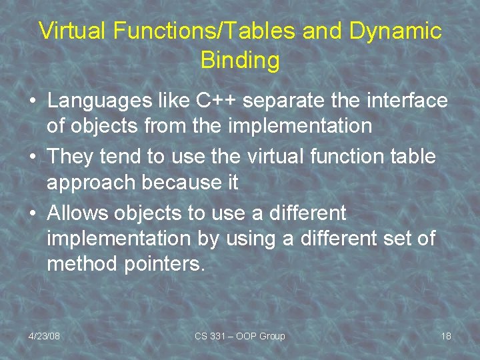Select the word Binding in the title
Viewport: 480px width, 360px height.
(240, 61)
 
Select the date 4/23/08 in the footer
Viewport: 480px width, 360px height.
(44, 336)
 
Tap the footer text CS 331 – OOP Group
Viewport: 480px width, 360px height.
(239, 336)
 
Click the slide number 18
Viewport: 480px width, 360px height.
(446, 336)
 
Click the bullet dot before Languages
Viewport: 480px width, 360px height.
(32, 102)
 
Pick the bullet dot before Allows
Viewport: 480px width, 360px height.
(32, 214)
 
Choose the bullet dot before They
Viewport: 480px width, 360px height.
(32, 158)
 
